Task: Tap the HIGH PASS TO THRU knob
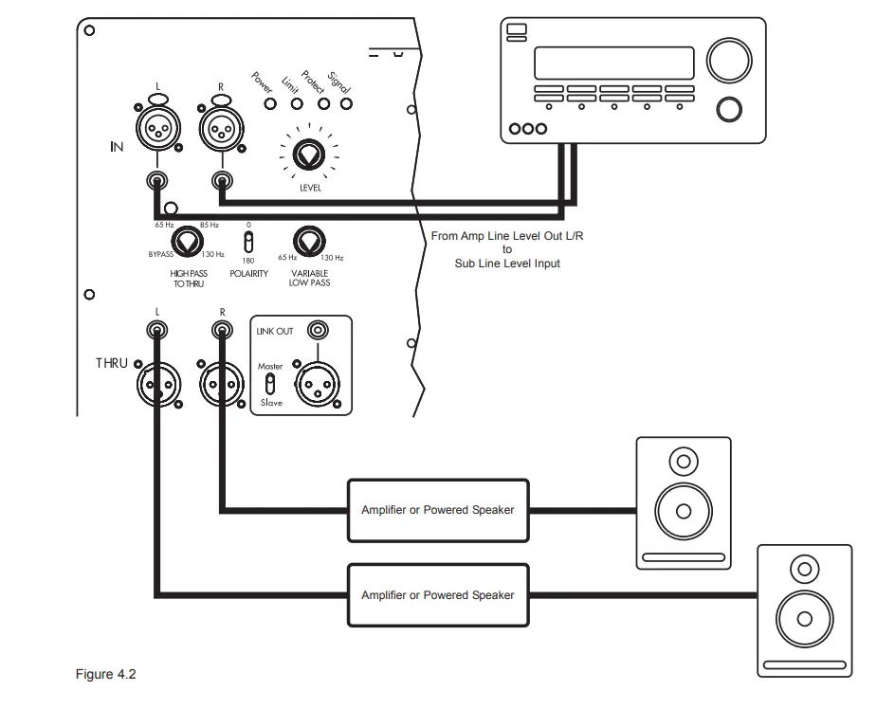click(x=187, y=242)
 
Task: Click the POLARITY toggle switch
click(x=248, y=241)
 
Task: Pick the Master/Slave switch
click(x=269, y=383)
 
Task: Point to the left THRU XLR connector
click(x=157, y=385)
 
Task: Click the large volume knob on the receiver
click(x=727, y=61)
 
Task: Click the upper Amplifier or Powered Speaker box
click(x=438, y=510)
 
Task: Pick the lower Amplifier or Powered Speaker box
click(x=438, y=595)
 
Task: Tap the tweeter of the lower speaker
click(x=804, y=570)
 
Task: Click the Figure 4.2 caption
click(x=106, y=675)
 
